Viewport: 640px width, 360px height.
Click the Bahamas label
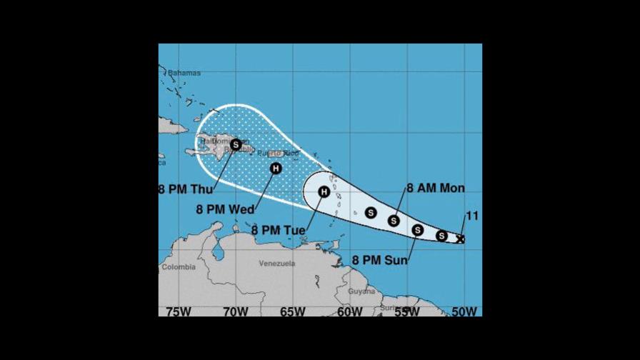click(x=184, y=73)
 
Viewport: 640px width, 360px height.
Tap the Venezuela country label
click(x=276, y=264)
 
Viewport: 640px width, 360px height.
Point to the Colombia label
click(x=178, y=267)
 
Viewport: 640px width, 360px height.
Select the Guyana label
click(x=361, y=291)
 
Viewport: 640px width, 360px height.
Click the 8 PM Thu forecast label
click(x=185, y=189)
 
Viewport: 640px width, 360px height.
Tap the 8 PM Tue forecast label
click(x=279, y=230)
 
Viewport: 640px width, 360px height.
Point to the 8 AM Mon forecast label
click(x=436, y=189)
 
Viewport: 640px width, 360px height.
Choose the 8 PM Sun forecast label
click(x=379, y=260)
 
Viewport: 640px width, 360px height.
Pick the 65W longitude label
click(x=293, y=311)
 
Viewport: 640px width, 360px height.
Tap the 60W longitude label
click(x=350, y=311)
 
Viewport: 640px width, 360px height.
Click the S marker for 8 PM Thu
click(x=236, y=144)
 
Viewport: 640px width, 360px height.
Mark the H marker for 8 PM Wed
click(x=276, y=169)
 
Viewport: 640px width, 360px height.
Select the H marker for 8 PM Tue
click(x=324, y=192)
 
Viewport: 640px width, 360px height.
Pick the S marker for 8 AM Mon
click(x=394, y=221)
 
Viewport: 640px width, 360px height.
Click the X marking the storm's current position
click(x=460, y=239)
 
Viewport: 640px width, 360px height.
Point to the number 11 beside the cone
click(x=471, y=216)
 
